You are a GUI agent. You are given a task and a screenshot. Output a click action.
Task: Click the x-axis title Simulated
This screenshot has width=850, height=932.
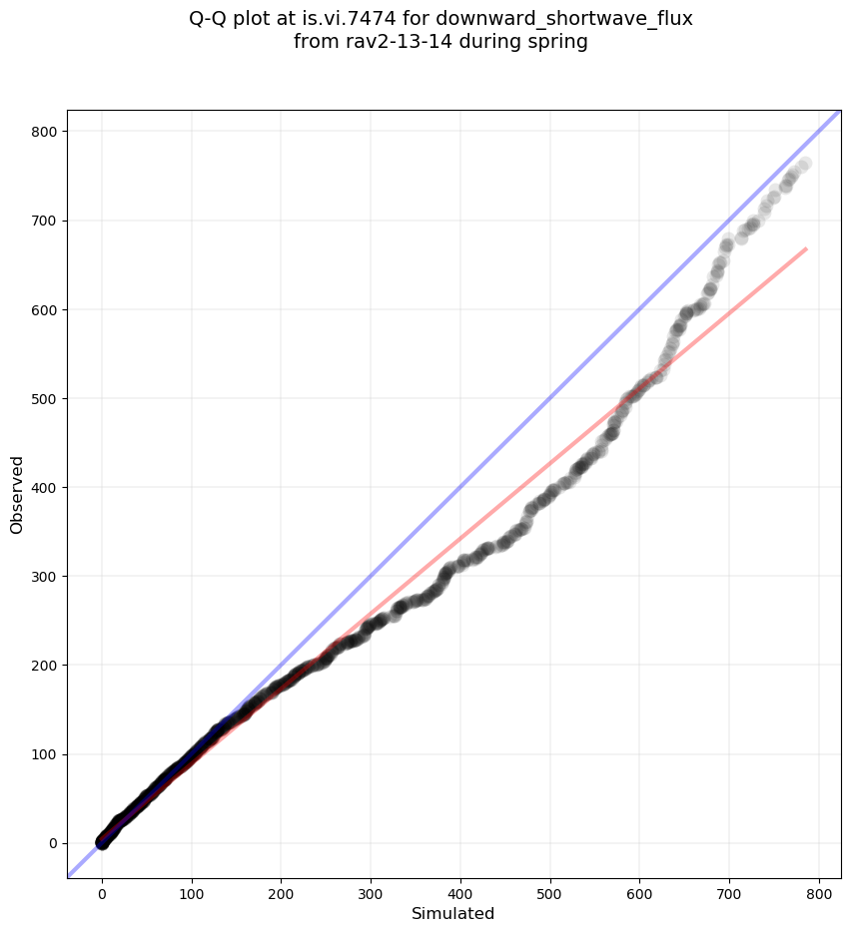pyautogui.click(x=453, y=913)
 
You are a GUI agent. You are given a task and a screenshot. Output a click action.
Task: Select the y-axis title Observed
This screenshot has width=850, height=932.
pyautogui.click(x=17, y=494)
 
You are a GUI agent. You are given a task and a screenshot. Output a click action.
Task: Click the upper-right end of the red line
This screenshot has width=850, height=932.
pyautogui.click(x=806, y=248)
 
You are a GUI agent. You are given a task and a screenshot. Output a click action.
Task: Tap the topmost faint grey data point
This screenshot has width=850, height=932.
pyautogui.click(x=804, y=163)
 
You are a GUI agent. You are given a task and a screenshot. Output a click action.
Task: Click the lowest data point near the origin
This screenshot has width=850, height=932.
pyautogui.click(x=102, y=843)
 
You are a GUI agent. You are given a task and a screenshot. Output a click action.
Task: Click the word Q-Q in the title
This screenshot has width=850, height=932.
pyautogui.click(x=210, y=18)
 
